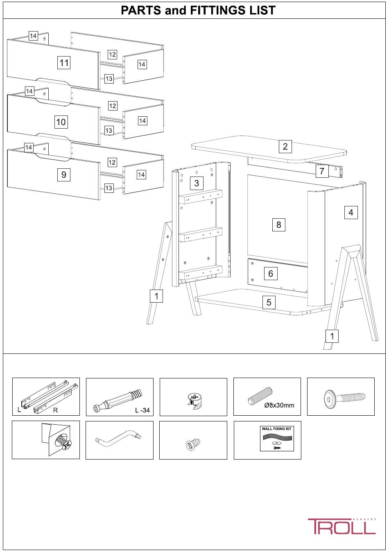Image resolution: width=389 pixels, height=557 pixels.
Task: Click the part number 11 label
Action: click(64, 62)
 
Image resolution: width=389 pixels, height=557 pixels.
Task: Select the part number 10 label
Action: click(61, 122)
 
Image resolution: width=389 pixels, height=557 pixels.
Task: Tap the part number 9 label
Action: click(64, 174)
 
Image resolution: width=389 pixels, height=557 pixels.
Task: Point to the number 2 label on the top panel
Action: click(285, 146)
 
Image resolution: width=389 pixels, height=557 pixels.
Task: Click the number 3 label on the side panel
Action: click(197, 183)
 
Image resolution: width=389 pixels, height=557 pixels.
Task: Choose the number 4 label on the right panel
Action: click(351, 212)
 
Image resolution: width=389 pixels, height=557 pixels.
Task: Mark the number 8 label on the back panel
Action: click(278, 224)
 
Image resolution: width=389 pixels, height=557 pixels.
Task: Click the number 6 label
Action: click(271, 274)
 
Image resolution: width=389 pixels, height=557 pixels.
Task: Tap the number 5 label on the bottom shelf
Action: click(269, 302)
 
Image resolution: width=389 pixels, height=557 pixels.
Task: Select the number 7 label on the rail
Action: click(322, 171)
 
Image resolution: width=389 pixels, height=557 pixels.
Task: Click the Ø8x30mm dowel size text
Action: click(279, 405)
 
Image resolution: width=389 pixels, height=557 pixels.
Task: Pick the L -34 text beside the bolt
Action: click(142, 410)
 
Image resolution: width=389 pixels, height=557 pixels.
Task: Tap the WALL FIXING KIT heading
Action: click(277, 429)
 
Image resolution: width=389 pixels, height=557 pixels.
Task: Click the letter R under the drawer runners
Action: click(55, 410)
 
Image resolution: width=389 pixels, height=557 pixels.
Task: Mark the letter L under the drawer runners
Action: click(19, 410)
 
